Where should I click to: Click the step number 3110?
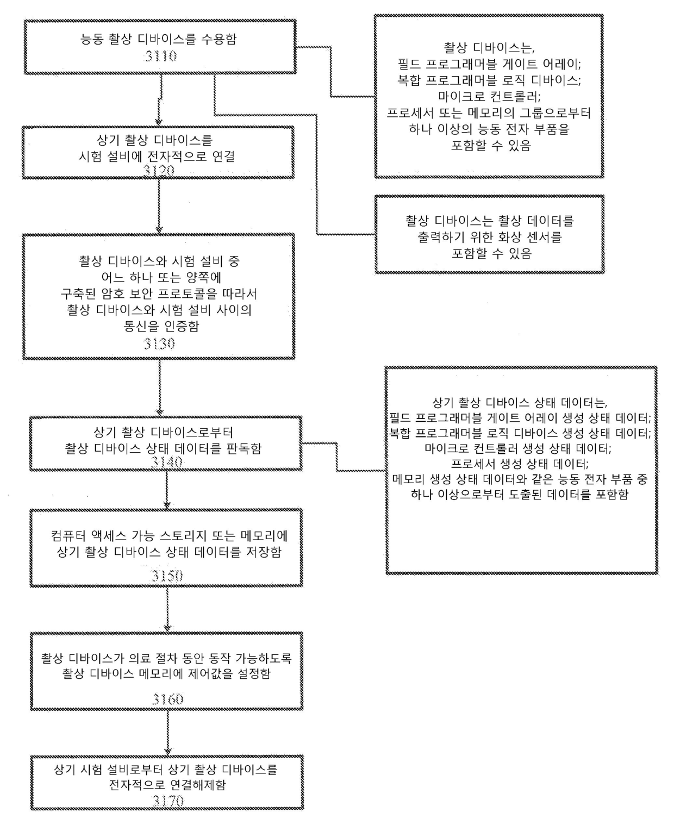(x=160, y=55)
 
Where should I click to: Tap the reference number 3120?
(x=159, y=171)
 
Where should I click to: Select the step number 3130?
(x=159, y=343)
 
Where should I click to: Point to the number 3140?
(x=167, y=462)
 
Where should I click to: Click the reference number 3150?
(x=167, y=576)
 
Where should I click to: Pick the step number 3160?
(x=167, y=699)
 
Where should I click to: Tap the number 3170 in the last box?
(x=168, y=801)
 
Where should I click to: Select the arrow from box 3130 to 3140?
(x=160, y=387)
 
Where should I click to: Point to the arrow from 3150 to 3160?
(x=167, y=609)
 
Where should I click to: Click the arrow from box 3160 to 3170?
(x=168, y=732)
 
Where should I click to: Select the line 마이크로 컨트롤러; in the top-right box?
(x=489, y=97)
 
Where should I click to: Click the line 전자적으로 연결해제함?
(x=167, y=785)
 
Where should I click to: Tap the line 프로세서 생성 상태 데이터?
(x=520, y=464)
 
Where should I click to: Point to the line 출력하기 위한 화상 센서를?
(x=489, y=237)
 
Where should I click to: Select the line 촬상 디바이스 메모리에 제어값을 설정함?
(x=166, y=674)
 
